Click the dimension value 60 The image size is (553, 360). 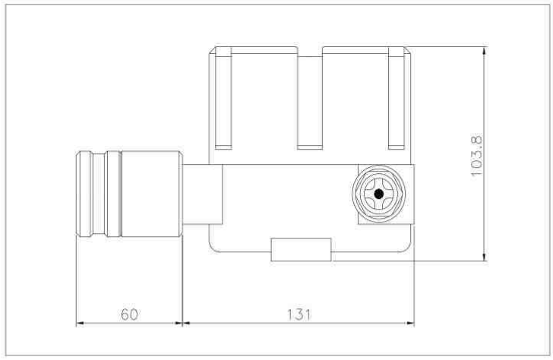129,313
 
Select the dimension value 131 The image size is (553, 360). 299,313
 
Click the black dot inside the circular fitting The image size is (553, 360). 379,194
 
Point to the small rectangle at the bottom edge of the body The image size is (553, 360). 301,249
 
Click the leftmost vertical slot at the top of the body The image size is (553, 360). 223,97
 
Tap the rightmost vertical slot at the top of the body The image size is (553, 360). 397,97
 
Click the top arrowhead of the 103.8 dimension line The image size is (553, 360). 484,49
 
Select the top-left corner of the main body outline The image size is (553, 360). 210,47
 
